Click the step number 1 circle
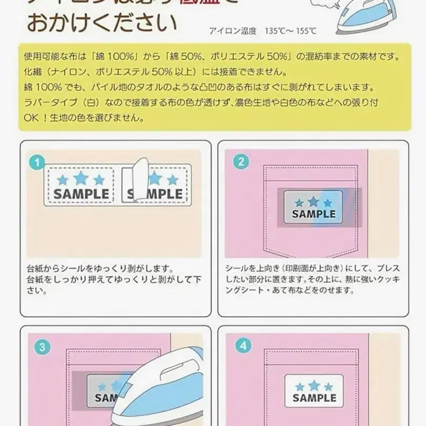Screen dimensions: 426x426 pos(36,163)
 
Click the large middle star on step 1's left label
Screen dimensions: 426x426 pos(80,177)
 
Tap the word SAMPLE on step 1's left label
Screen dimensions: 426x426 pos(82,194)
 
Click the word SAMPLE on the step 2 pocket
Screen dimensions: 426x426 pos(313,214)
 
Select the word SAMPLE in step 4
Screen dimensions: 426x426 pos(315,398)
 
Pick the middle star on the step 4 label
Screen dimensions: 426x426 pos(315,386)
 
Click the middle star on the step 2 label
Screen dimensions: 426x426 pos(313,201)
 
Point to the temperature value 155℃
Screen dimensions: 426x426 pos(305,31)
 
